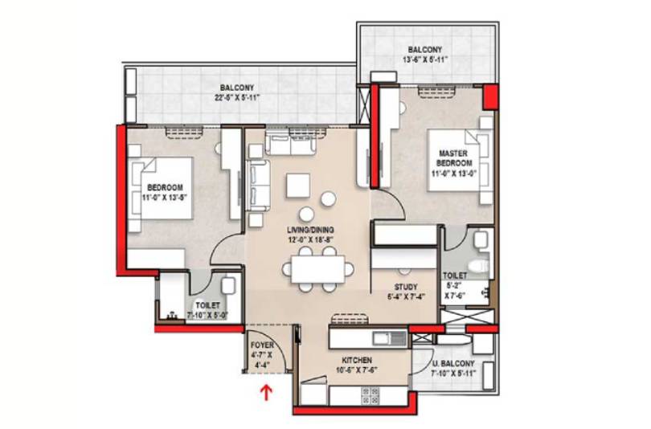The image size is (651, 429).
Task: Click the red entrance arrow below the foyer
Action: coord(266,393)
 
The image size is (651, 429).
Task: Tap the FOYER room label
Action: coord(262,345)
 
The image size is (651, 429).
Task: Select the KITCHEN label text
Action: coord(357,360)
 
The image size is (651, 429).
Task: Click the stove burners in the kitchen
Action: coord(371,395)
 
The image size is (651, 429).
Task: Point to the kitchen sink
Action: coord(390,338)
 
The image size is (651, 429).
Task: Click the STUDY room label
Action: coord(406,287)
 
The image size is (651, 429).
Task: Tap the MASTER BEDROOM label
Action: coord(454,158)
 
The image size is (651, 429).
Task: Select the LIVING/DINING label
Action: coord(310,230)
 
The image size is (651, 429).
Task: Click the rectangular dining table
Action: coord(317,269)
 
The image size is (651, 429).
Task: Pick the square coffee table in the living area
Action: coord(297,186)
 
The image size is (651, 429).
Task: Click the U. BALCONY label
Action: coord(452,363)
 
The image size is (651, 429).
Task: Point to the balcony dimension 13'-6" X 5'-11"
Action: coord(424,59)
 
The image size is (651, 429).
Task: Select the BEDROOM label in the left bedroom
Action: coord(165,187)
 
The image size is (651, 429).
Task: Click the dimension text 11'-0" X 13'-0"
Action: coord(453,173)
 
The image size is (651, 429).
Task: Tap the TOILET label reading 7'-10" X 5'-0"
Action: coord(207,310)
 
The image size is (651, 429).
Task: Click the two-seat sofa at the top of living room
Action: coord(290,144)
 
